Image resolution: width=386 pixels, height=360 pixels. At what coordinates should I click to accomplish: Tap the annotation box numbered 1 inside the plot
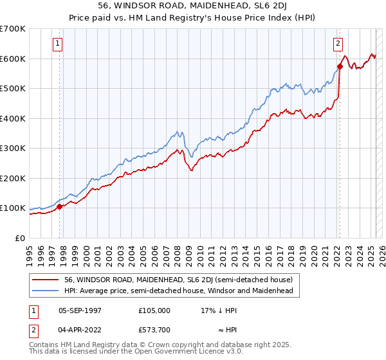(x=58, y=44)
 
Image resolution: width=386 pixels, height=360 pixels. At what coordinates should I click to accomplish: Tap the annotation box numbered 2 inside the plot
(x=338, y=44)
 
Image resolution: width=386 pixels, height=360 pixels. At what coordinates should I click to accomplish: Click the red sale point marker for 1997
(x=60, y=206)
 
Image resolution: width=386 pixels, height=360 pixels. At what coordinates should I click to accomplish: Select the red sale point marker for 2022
(x=339, y=66)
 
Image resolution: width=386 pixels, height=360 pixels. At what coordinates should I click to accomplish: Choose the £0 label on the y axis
(x=21, y=238)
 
